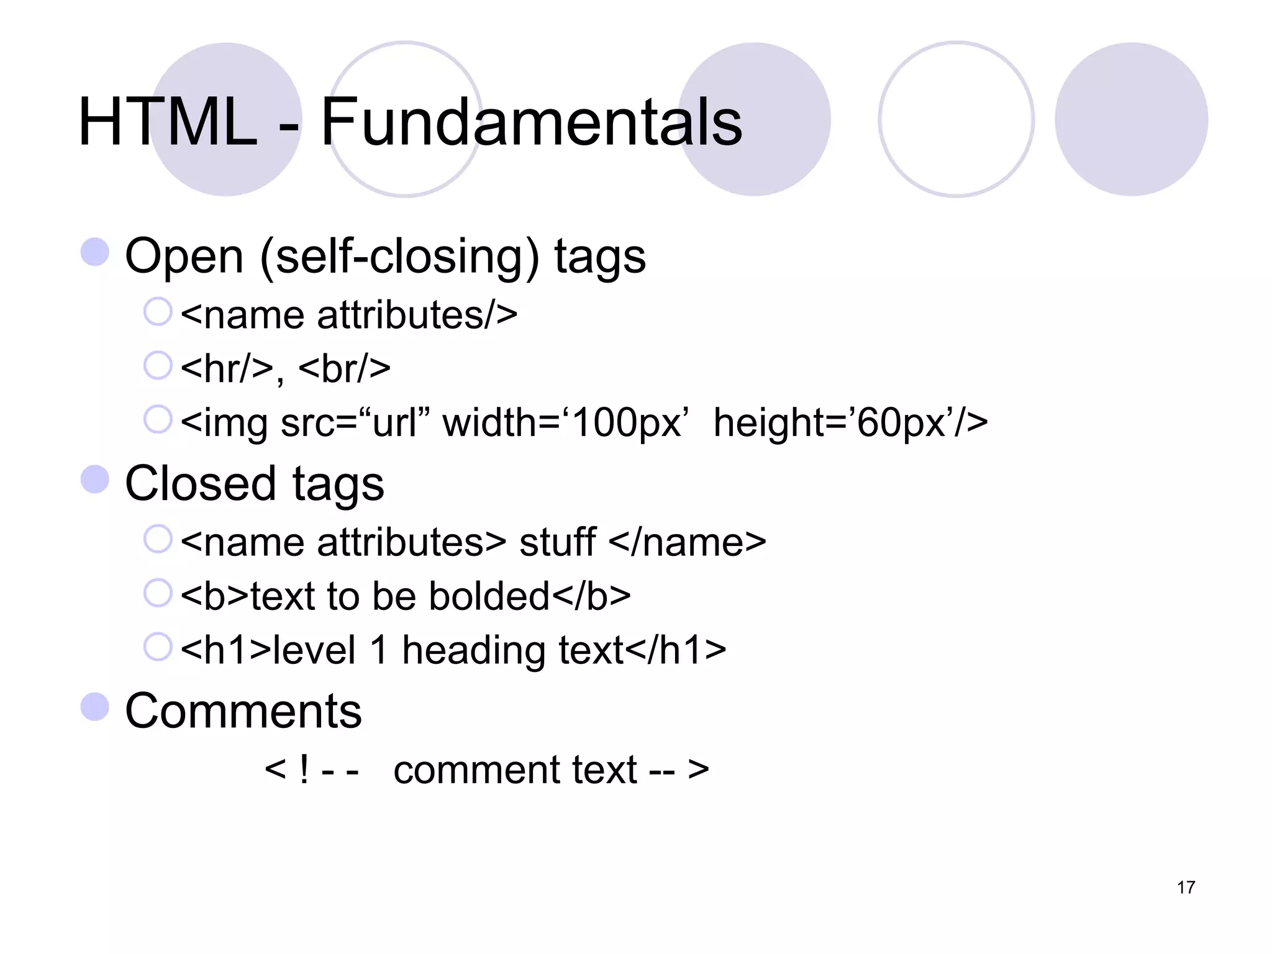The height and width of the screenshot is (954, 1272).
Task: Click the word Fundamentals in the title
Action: click(531, 122)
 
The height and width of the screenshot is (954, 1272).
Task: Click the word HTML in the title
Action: click(168, 122)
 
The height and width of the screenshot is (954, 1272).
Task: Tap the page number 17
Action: click(1186, 887)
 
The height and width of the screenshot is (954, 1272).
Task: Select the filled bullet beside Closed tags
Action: click(95, 479)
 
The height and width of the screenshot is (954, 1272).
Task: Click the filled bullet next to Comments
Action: click(95, 707)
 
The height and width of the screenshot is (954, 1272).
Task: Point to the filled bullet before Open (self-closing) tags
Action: click(95, 252)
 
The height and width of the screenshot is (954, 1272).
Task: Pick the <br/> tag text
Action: click(345, 368)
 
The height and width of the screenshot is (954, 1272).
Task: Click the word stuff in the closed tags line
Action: click(557, 542)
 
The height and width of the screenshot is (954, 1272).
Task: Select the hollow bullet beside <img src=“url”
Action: click(158, 419)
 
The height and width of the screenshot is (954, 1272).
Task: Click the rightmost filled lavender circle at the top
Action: click(1131, 119)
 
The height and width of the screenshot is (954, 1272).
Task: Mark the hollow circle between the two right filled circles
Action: click(956, 119)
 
